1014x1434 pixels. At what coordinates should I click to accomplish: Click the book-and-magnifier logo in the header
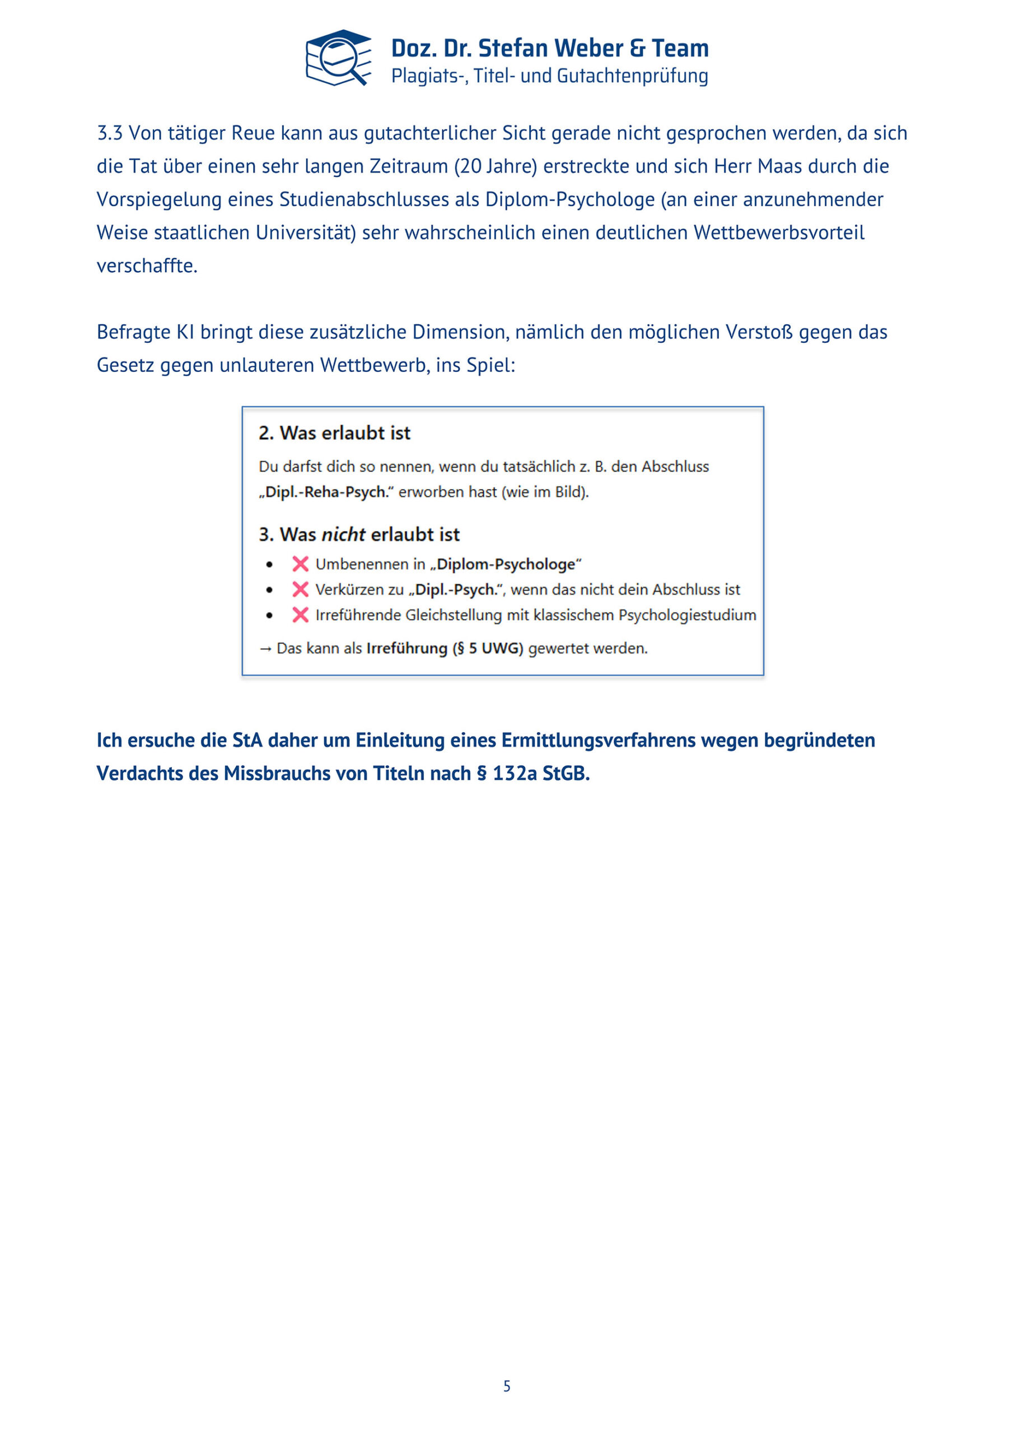pos(338,58)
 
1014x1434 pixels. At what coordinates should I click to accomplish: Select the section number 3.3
pos(109,133)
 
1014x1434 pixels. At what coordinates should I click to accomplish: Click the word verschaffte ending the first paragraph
pos(147,266)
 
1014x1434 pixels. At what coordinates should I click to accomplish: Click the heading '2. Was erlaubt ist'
pos(335,433)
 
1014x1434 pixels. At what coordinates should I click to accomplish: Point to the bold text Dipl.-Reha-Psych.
pos(326,492)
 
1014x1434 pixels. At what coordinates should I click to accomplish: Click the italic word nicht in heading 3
pos(343,534)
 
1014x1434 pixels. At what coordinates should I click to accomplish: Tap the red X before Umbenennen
pos(300,564)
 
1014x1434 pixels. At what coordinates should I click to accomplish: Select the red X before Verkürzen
pos(300,590)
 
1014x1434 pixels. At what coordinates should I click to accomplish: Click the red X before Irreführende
pos(300,615)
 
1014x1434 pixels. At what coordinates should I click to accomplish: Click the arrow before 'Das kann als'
pos(265,649)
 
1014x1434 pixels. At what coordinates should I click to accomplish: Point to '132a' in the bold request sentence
pos(514,773)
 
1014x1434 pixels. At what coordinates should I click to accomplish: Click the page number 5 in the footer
pos(507,1386)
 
